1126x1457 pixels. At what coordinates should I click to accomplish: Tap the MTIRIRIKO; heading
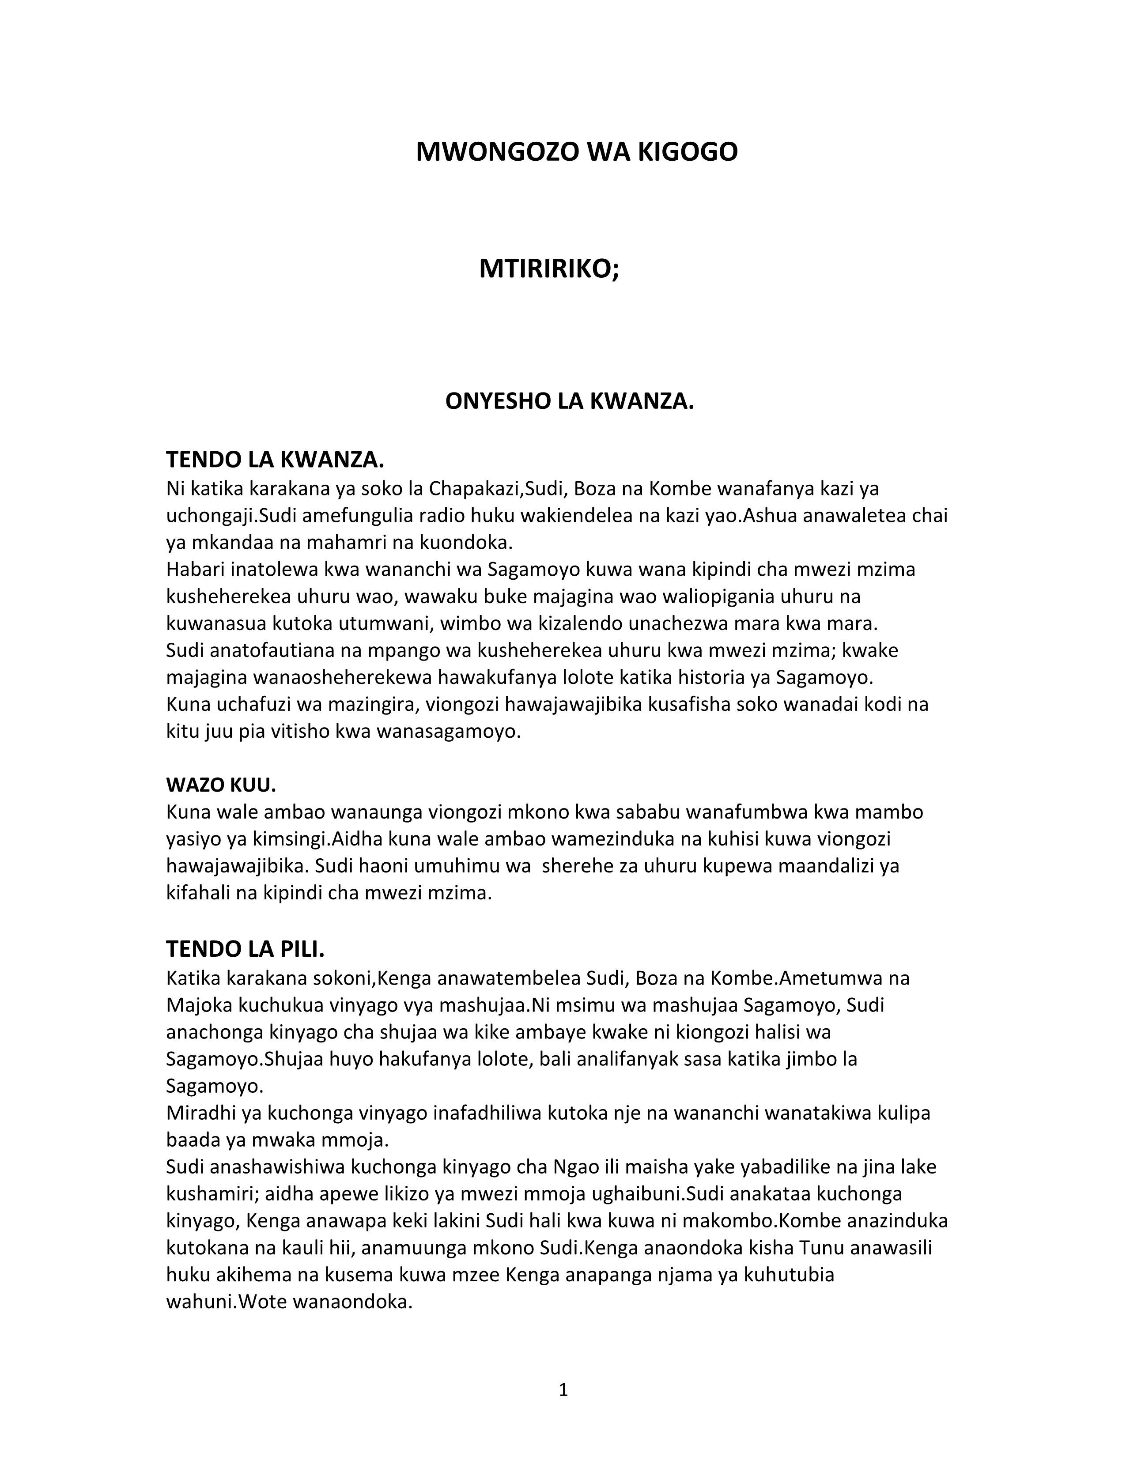pos(549,269)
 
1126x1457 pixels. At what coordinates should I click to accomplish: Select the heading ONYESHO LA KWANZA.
pos(570,402)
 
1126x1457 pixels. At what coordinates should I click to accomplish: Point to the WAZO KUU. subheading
pos(221,785)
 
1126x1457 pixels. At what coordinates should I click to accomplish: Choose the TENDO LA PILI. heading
pos(245,949)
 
